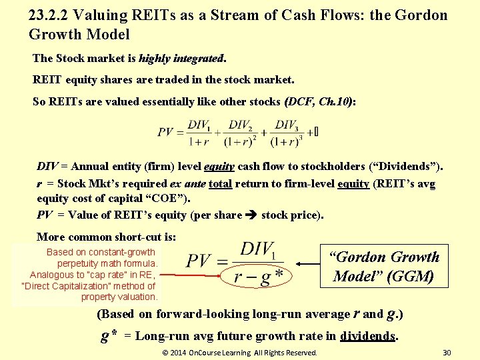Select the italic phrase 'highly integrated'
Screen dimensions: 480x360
[182, 59]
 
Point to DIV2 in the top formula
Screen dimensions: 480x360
[241, 125]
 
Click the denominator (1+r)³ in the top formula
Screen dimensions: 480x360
[285, 141]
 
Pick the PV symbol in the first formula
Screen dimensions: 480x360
[166, 132]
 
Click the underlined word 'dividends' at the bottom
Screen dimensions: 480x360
[367, 337]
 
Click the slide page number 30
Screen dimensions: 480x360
[447, 352]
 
